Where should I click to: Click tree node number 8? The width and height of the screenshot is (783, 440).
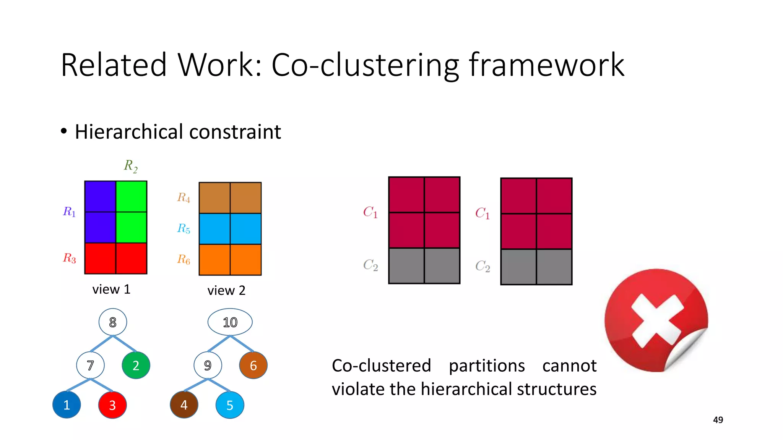click(x=112, y=322)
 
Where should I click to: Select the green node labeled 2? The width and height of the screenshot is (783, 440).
click(x=136, y=366)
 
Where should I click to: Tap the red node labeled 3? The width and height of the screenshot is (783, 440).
click(x=112, y=405)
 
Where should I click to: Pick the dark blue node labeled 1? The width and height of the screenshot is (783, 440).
click(x=67, y=405)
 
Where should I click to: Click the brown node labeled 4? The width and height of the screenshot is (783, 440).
click(x=184, y=405)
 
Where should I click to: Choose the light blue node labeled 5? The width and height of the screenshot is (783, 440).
click(x=230, y=405)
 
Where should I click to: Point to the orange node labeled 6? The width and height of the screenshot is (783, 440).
click(x=253, y=366)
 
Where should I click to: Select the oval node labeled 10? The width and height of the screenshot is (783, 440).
click(x=230, y=322)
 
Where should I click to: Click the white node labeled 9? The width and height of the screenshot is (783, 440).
click(x=208, y=366)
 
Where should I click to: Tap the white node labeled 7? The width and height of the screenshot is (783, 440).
click(x=90, y=366)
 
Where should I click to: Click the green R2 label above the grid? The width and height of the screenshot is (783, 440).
click(x=131, y=166)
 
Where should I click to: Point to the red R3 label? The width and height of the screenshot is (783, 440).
click(x=70, y=258)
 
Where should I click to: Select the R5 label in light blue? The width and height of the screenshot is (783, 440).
click(x=184, y=228)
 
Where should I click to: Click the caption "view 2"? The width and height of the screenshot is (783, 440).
click(x=226, y=291)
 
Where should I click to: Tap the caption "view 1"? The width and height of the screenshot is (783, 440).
click(x=111, y=290)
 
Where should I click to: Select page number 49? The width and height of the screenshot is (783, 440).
click(x=718, y=420)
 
